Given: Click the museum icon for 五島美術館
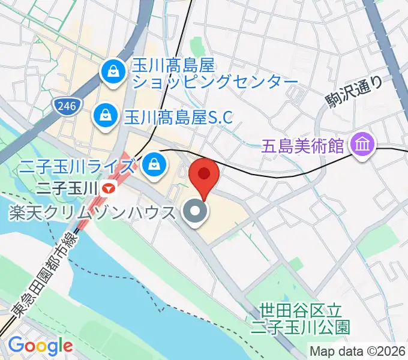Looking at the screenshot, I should tap(363, 144).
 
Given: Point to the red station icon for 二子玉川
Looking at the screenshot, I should tap(109, 188).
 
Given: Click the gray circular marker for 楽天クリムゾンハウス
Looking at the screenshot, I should tap(194, 212).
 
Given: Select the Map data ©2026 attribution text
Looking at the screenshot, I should tap(357, 351).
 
